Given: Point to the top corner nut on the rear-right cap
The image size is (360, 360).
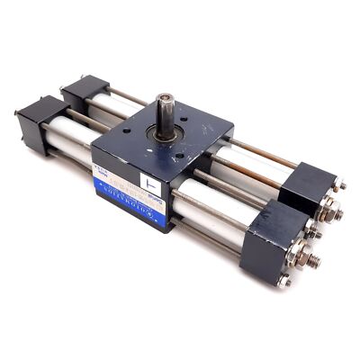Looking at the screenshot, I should click(x=341, y=186).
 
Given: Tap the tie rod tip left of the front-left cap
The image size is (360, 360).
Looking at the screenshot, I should click(x=17, y=112).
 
